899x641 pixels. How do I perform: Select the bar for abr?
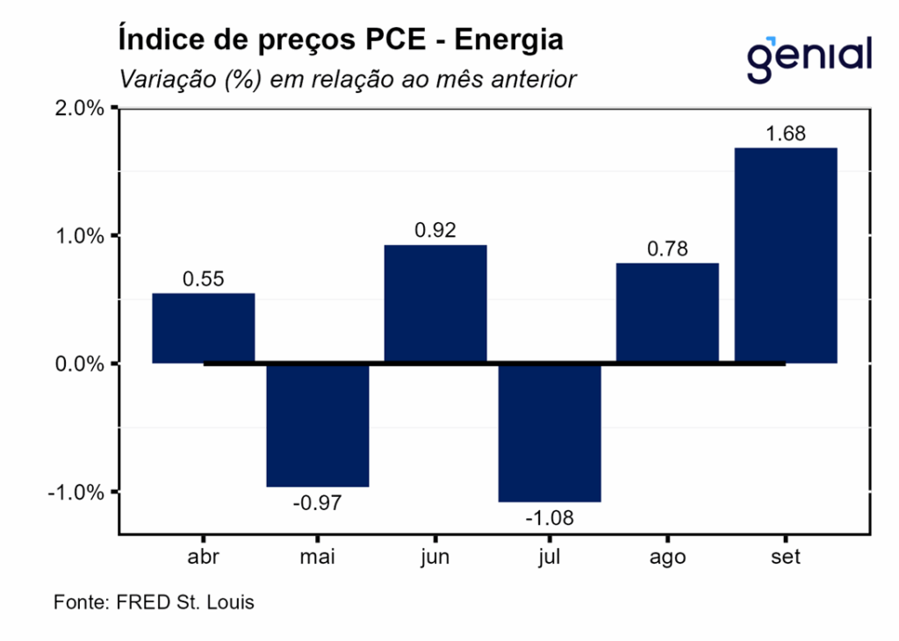(x=204, y=328)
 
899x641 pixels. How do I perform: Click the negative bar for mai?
(x=318, y=425)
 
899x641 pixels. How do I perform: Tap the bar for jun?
(x=435, y=304)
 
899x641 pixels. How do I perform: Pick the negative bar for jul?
(x=550, y=432)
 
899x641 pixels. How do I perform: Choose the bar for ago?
(x=667, y=313)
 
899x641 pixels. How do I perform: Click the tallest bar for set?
(x=785, y=256)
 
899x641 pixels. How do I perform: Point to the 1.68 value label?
(x=785, y=134)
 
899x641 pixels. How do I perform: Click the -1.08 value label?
(x=550, y=518)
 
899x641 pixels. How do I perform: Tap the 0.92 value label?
(x=435, y=231)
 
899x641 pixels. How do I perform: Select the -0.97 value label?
(x=318, y=503)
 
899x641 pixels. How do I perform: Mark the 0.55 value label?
(x=204, y=279)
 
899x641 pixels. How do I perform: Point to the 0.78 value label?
(x=667, y=249)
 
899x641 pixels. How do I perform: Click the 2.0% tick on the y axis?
(x=81, y=108)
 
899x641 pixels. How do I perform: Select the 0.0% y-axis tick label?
(x=81, y=364)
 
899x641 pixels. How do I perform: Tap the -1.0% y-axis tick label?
(x=78, y=492)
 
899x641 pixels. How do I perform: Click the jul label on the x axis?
(x=550, y=558)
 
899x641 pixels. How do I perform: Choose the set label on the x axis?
(x=785, y=558)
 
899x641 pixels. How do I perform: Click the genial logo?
(x=809, y=58)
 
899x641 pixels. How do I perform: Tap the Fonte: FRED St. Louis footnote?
(x=155, y=603)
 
